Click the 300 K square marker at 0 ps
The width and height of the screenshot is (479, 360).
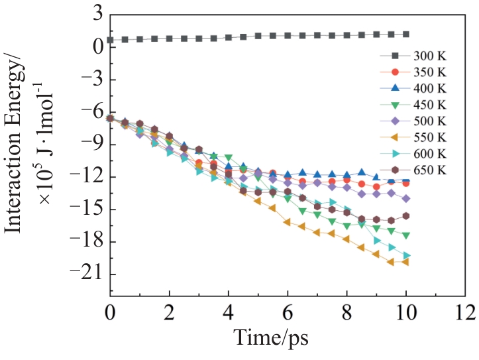point(110,40)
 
